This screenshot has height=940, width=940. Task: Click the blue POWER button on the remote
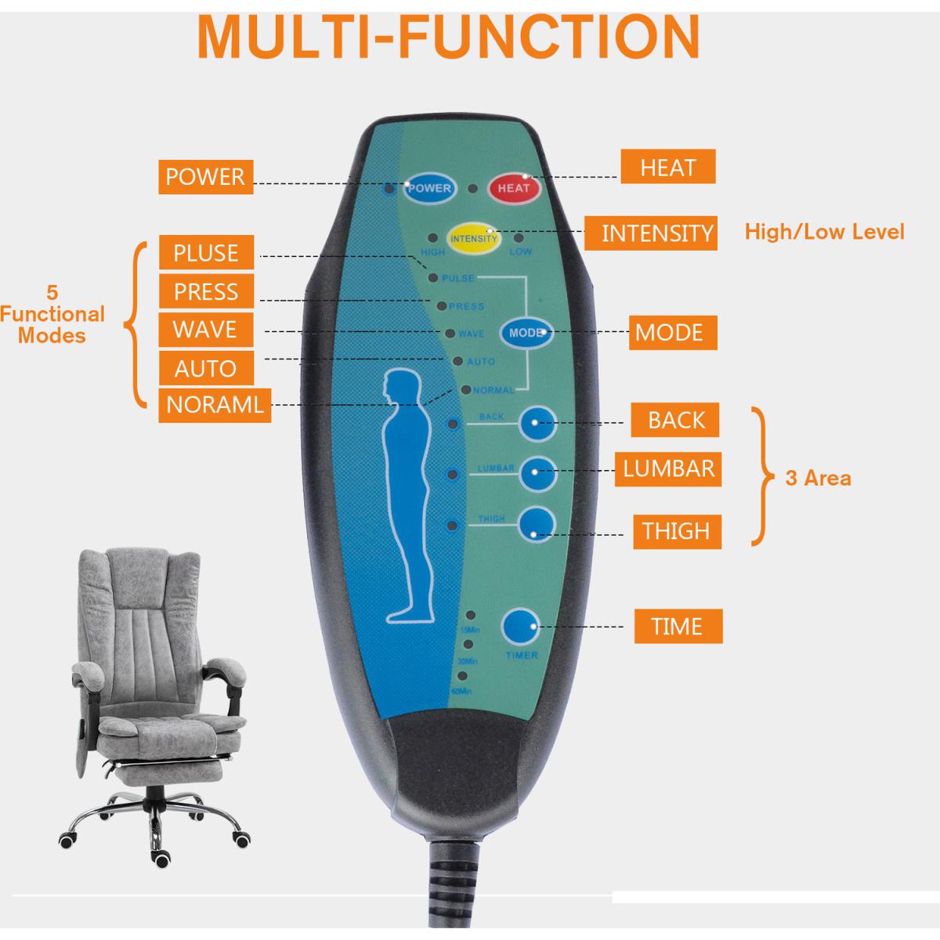pyautogui.click(x=428, y=188)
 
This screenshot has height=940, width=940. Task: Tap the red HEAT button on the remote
pyautogui.click(x=514, y=188)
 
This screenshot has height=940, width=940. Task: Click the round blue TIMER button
pyautogui.click(x=521, y=628)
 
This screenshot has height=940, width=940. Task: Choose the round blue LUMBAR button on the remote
pyautogui.click(x=538, y=472)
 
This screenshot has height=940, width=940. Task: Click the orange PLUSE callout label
pyautogui.click(x=206, y=254)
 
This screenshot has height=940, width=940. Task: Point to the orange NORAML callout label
pyautogui.click(x=215, y=405)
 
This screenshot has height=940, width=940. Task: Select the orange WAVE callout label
pyautogui.click(x=205, y=330)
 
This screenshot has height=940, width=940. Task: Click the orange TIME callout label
pyautogui.click(x=678, y=627)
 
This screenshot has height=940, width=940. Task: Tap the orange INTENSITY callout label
pyautogui.click(x=656, y=233)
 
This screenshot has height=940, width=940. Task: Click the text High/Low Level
pyautogui.click(x=824, y=232)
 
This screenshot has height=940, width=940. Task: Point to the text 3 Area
pyautogui.click(x=818, y=478)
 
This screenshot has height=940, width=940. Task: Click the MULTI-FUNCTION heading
pyautogui.click(x=448, y=35)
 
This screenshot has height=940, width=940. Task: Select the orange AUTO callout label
pyautogui.click(x=205, y=368)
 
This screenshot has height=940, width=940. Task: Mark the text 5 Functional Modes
pyautogui.click(x=52, y=314)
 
